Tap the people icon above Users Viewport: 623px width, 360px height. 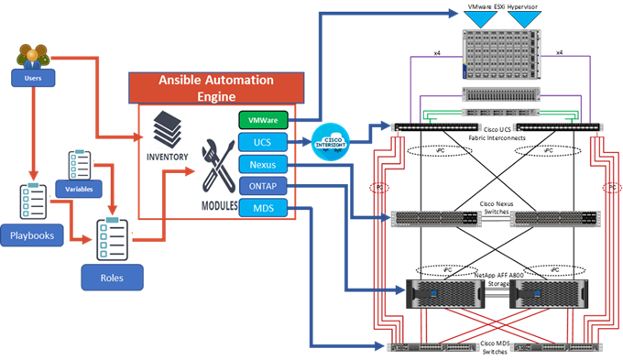[29, 58]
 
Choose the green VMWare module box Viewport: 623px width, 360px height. [263, 120]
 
